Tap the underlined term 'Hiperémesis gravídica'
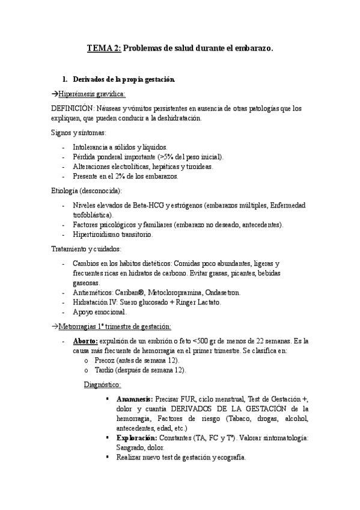(x=90, y=94)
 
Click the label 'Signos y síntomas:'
(x=79, y=132)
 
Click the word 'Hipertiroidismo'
(x=96, y=235)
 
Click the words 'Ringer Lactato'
(x=198, y=303)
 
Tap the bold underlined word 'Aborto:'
(x=85, y=341)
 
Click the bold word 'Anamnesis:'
(x=135, y=399)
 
